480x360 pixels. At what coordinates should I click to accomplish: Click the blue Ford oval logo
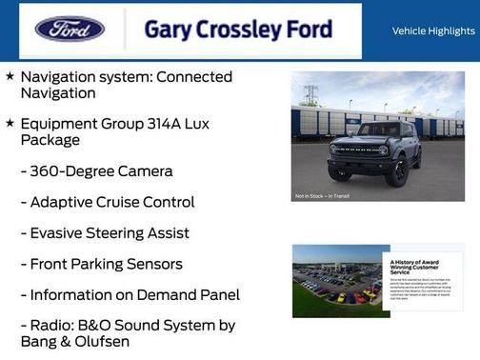point(70,29)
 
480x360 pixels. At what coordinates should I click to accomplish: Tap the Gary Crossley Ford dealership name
point(238,30)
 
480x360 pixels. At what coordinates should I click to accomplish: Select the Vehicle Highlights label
point(433,30)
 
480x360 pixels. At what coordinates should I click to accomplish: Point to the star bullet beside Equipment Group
point(10,123)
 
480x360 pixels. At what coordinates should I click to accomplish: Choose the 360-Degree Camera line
point(96,171)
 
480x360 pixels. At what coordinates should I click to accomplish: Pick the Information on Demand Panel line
point(130,295)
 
